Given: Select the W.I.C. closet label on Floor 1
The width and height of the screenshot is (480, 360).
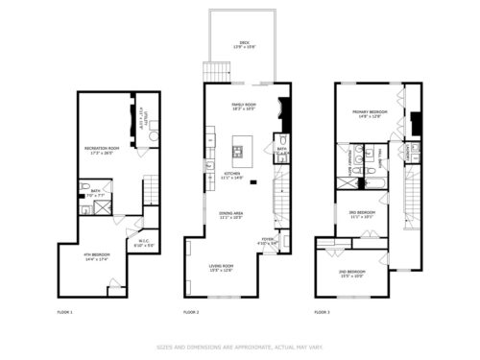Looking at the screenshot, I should pyautogui.click(x=143, y=243).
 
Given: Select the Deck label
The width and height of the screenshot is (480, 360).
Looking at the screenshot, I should pyautogui.click(x=245, y=44).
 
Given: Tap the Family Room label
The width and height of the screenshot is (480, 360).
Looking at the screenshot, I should pyautogui.click(x=245, y=106).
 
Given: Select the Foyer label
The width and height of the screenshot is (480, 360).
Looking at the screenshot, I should pyautogui.click(x=268, y=241).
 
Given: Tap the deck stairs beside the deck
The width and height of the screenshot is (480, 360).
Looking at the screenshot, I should pyautogui.click(x=212, y=73).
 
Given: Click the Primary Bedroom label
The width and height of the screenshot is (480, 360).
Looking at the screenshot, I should pyautogui.click(x=370, y=114).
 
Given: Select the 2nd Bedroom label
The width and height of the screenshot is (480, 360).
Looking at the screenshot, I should pyautogui.click(x=353, y=274).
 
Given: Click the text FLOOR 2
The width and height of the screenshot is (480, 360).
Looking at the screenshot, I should pyautogui.click(x=191, y=313).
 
